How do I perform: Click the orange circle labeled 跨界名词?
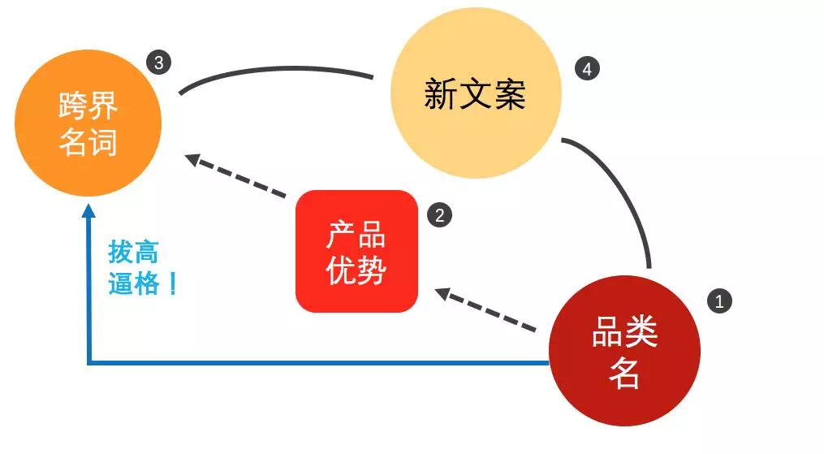88,123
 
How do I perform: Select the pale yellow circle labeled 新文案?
476,93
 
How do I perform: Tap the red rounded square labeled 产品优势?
357,251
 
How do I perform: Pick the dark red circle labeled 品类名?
624,351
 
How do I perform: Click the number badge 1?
719,301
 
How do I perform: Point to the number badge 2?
440,215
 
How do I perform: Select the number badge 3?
158,63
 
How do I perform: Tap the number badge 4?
587,69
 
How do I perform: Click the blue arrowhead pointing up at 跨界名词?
88,210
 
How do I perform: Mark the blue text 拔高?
133,252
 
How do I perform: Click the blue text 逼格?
133,283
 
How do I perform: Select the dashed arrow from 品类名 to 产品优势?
485,310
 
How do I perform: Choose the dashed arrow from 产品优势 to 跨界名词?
236,175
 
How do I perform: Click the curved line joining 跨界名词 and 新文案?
275,69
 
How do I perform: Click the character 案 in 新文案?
509,94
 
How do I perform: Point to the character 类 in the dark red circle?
641,332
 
